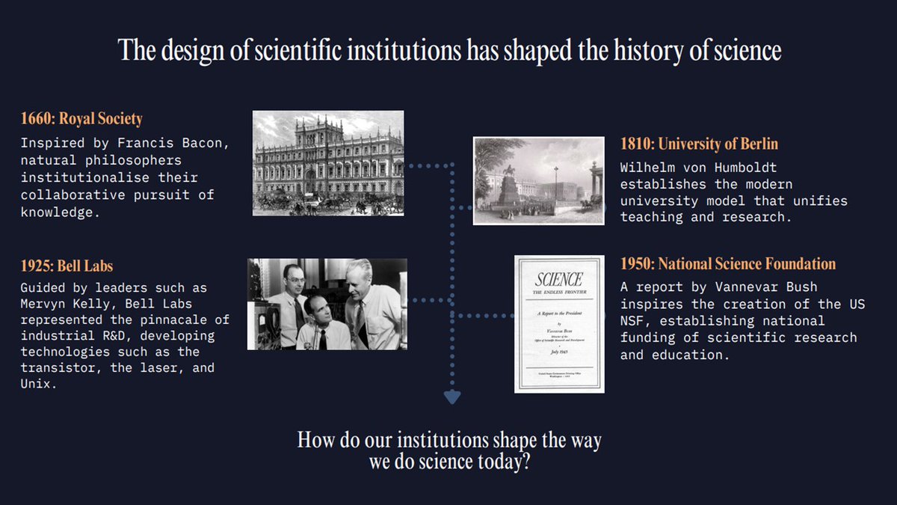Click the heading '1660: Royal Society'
point(81,119)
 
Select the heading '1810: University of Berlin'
point(700,144)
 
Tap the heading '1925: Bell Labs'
point(67,266)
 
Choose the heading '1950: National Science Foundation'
point(728,264)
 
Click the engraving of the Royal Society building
point(328,163)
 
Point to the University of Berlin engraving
point(538,180)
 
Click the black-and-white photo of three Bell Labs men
point(327,304)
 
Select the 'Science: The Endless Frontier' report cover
point(559,323)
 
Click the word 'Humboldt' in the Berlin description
point(741,168)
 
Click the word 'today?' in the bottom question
point(505,461)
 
